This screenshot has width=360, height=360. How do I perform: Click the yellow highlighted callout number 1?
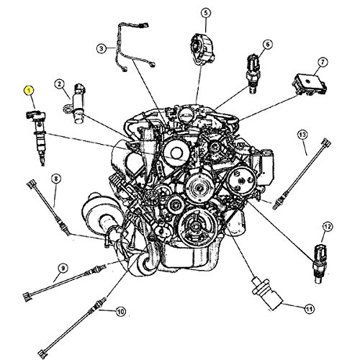(x=29, y=91)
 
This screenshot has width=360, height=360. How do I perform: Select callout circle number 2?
(x=60, y=84)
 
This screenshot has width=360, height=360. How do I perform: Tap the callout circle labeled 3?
(x=102, y=48)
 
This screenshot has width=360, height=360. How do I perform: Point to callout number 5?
(x=206, y=13)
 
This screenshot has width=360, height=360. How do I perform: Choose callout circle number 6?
(x=268, y=45)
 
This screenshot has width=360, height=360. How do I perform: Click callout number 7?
(x=323, y=63)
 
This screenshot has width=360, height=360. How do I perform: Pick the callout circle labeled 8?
(x=56, y=179)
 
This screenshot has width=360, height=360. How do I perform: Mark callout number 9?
(x=63, y=268)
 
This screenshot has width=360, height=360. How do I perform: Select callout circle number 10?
(x=120, y=312)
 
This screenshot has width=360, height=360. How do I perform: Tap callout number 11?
(x=309, y=309)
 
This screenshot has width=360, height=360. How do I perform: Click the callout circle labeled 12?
(x=328, y=227)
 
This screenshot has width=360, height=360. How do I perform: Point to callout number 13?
(x=302, y=135)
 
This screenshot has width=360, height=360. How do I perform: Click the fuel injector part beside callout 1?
(x=37, y=137)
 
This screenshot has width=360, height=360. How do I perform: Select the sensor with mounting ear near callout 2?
(x=75, y=104)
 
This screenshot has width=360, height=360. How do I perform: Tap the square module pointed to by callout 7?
(x=309, y=84)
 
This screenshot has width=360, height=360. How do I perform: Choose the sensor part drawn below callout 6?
(x=251, y=74)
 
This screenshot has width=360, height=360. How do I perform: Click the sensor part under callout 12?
(x=320, y=264)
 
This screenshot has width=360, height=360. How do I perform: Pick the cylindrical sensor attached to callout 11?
(x=267, y=293)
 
